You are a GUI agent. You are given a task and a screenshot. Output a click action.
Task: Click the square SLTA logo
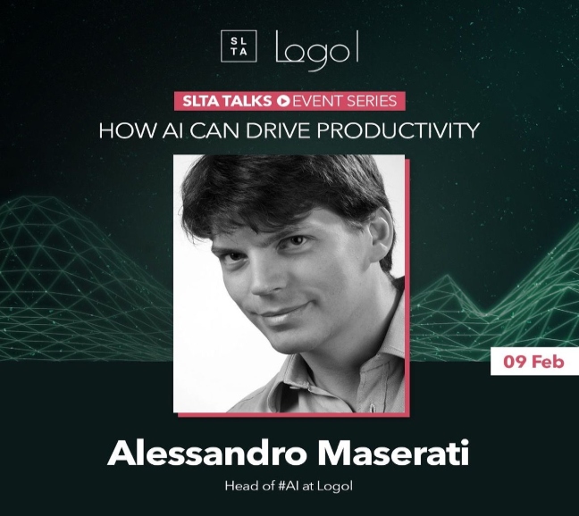click(x=239, y=46)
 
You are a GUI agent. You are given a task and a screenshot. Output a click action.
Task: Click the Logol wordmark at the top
click(x=317, y=50)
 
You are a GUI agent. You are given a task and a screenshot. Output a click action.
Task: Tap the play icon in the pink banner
click(x=283, y=101)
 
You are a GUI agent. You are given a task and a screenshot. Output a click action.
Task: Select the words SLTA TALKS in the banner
click(x=227, y=101)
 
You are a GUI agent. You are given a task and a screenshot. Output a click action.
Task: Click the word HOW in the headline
click(x=127, y=130)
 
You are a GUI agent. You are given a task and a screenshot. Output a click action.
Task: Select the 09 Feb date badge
click(x=534, y=362)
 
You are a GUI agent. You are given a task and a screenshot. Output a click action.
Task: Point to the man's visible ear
click(x=381, y=236)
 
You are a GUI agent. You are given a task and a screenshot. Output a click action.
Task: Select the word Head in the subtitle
click(x=238, y=487)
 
